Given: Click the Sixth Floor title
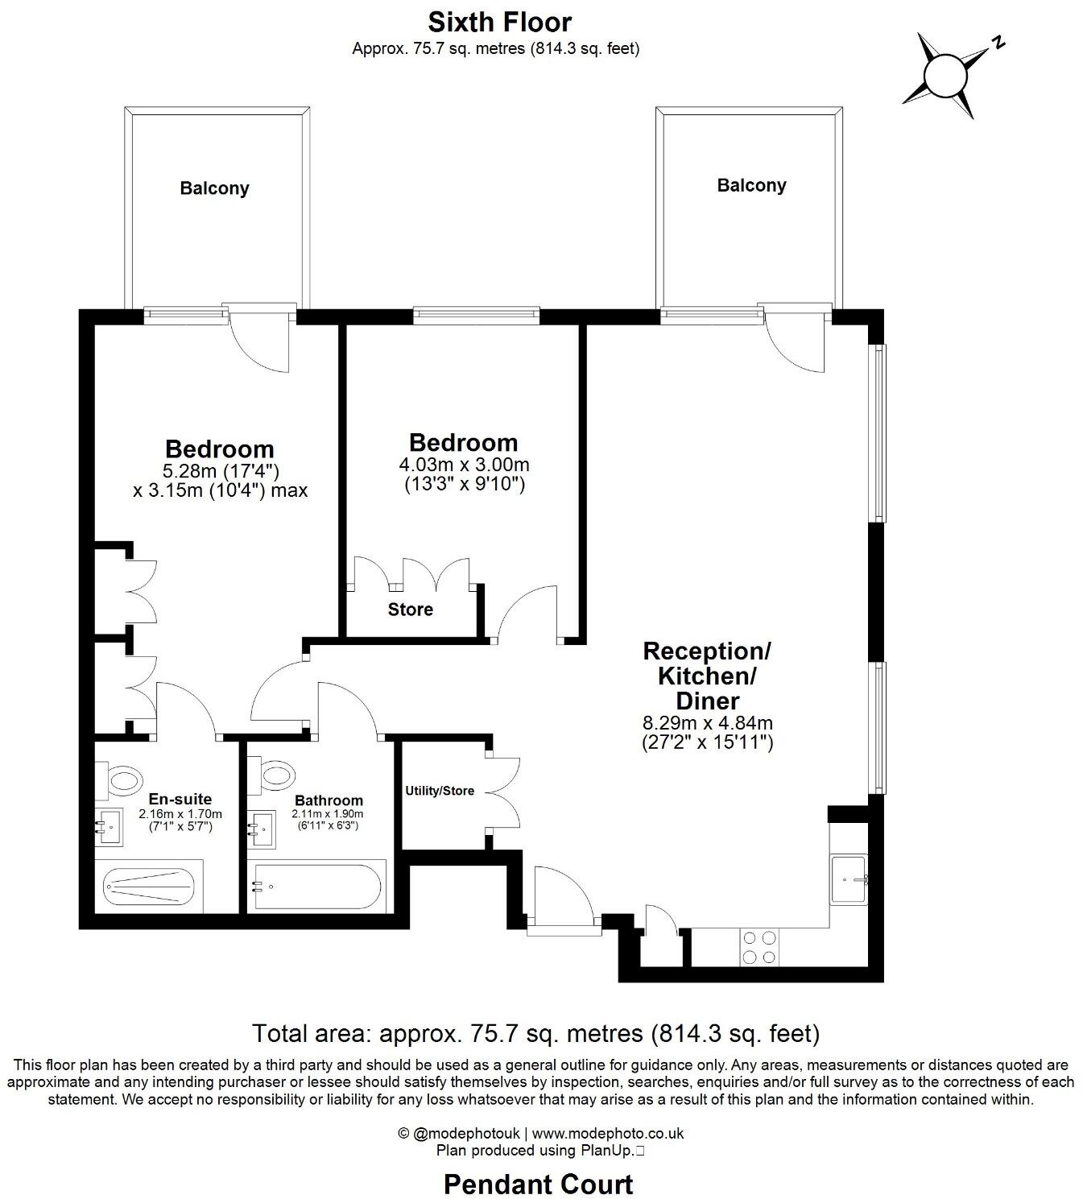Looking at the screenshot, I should (x=499, y=21).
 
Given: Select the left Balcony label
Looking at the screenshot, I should (x=214, y=188).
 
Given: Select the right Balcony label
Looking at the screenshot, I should (x=751, y=185).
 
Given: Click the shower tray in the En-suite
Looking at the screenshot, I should (x=149, y=887).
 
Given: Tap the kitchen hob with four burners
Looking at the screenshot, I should (x=759, y=947).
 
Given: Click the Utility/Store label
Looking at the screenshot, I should (x=440, y=791).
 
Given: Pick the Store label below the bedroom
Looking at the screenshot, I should (x=411, y=610).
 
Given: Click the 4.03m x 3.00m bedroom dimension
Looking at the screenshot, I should (x=464, y=465).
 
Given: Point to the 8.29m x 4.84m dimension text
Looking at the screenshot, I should (x=707, y=723).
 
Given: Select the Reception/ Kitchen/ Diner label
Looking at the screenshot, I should (x=707, y=675).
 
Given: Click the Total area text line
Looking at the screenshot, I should (x=535, y=1033).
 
